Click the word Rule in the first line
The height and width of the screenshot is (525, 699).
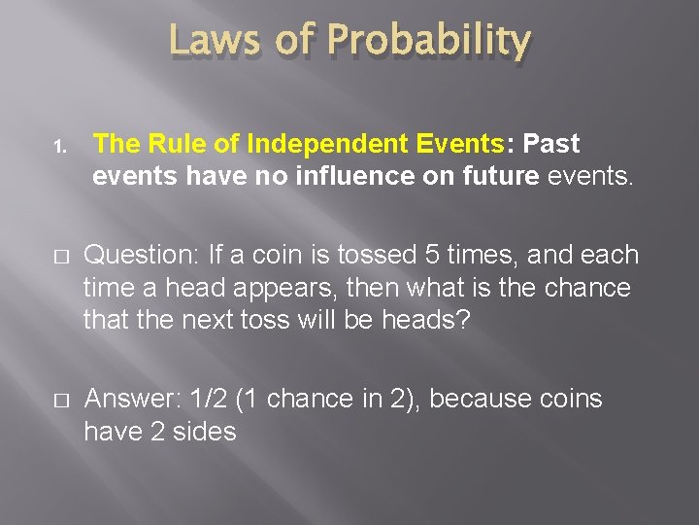tap(182, 144)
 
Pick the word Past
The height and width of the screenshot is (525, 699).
tap(550, 144)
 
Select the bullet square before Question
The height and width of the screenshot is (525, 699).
tap(59, 257)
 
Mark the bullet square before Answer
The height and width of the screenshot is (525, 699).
tap(59, 401)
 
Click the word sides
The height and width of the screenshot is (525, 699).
tap(203, 432)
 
